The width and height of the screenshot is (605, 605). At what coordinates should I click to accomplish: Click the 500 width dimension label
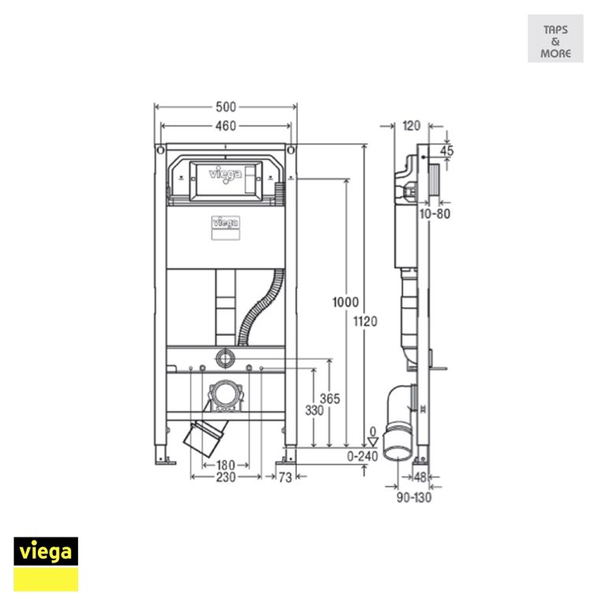click(226, 107)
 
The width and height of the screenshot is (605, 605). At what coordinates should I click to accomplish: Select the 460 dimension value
click(226, 126)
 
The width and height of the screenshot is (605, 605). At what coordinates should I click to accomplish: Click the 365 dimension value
click(330, 399)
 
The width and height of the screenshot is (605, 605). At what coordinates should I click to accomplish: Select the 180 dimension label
click(225, 465)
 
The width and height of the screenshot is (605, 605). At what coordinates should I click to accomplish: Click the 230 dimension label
click(225, 477)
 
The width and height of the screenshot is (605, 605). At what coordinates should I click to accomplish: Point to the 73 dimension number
click(285, 477)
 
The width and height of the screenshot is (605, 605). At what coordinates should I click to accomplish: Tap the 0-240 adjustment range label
click(363, 455)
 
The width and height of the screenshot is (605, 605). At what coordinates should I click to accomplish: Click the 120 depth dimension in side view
click(411, 125)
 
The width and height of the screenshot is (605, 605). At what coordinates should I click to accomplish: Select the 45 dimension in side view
click(447, 150)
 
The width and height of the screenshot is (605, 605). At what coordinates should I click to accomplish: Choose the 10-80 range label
click(435, 213)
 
